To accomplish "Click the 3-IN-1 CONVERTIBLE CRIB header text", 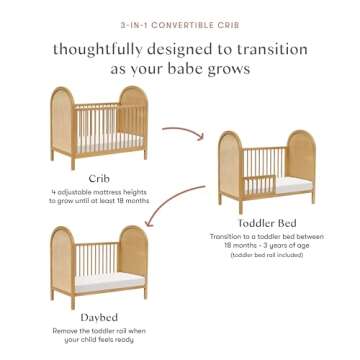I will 180,18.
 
